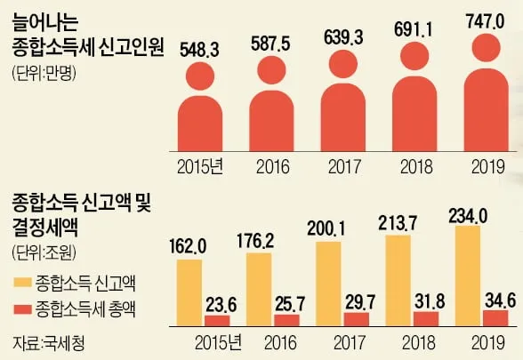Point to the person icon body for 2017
pos(343,119)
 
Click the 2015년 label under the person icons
pos(204,165)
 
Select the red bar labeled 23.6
pos(217,321)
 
